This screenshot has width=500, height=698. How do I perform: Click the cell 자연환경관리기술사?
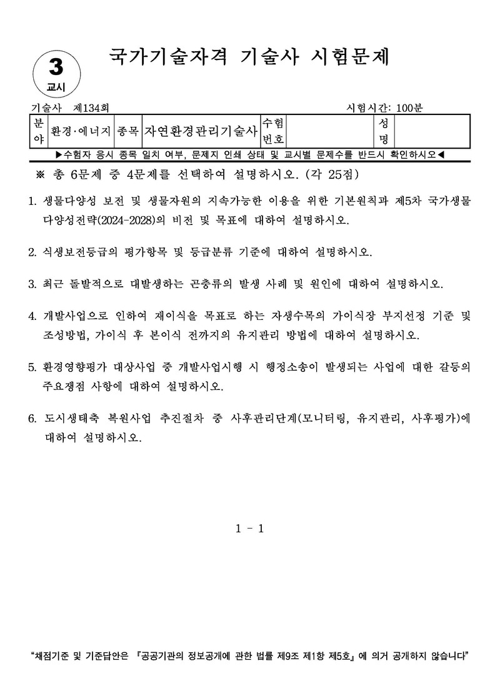201,131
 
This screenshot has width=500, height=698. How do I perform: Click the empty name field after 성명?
431,131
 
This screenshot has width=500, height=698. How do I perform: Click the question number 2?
32,252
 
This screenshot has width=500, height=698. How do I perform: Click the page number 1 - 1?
250,529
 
